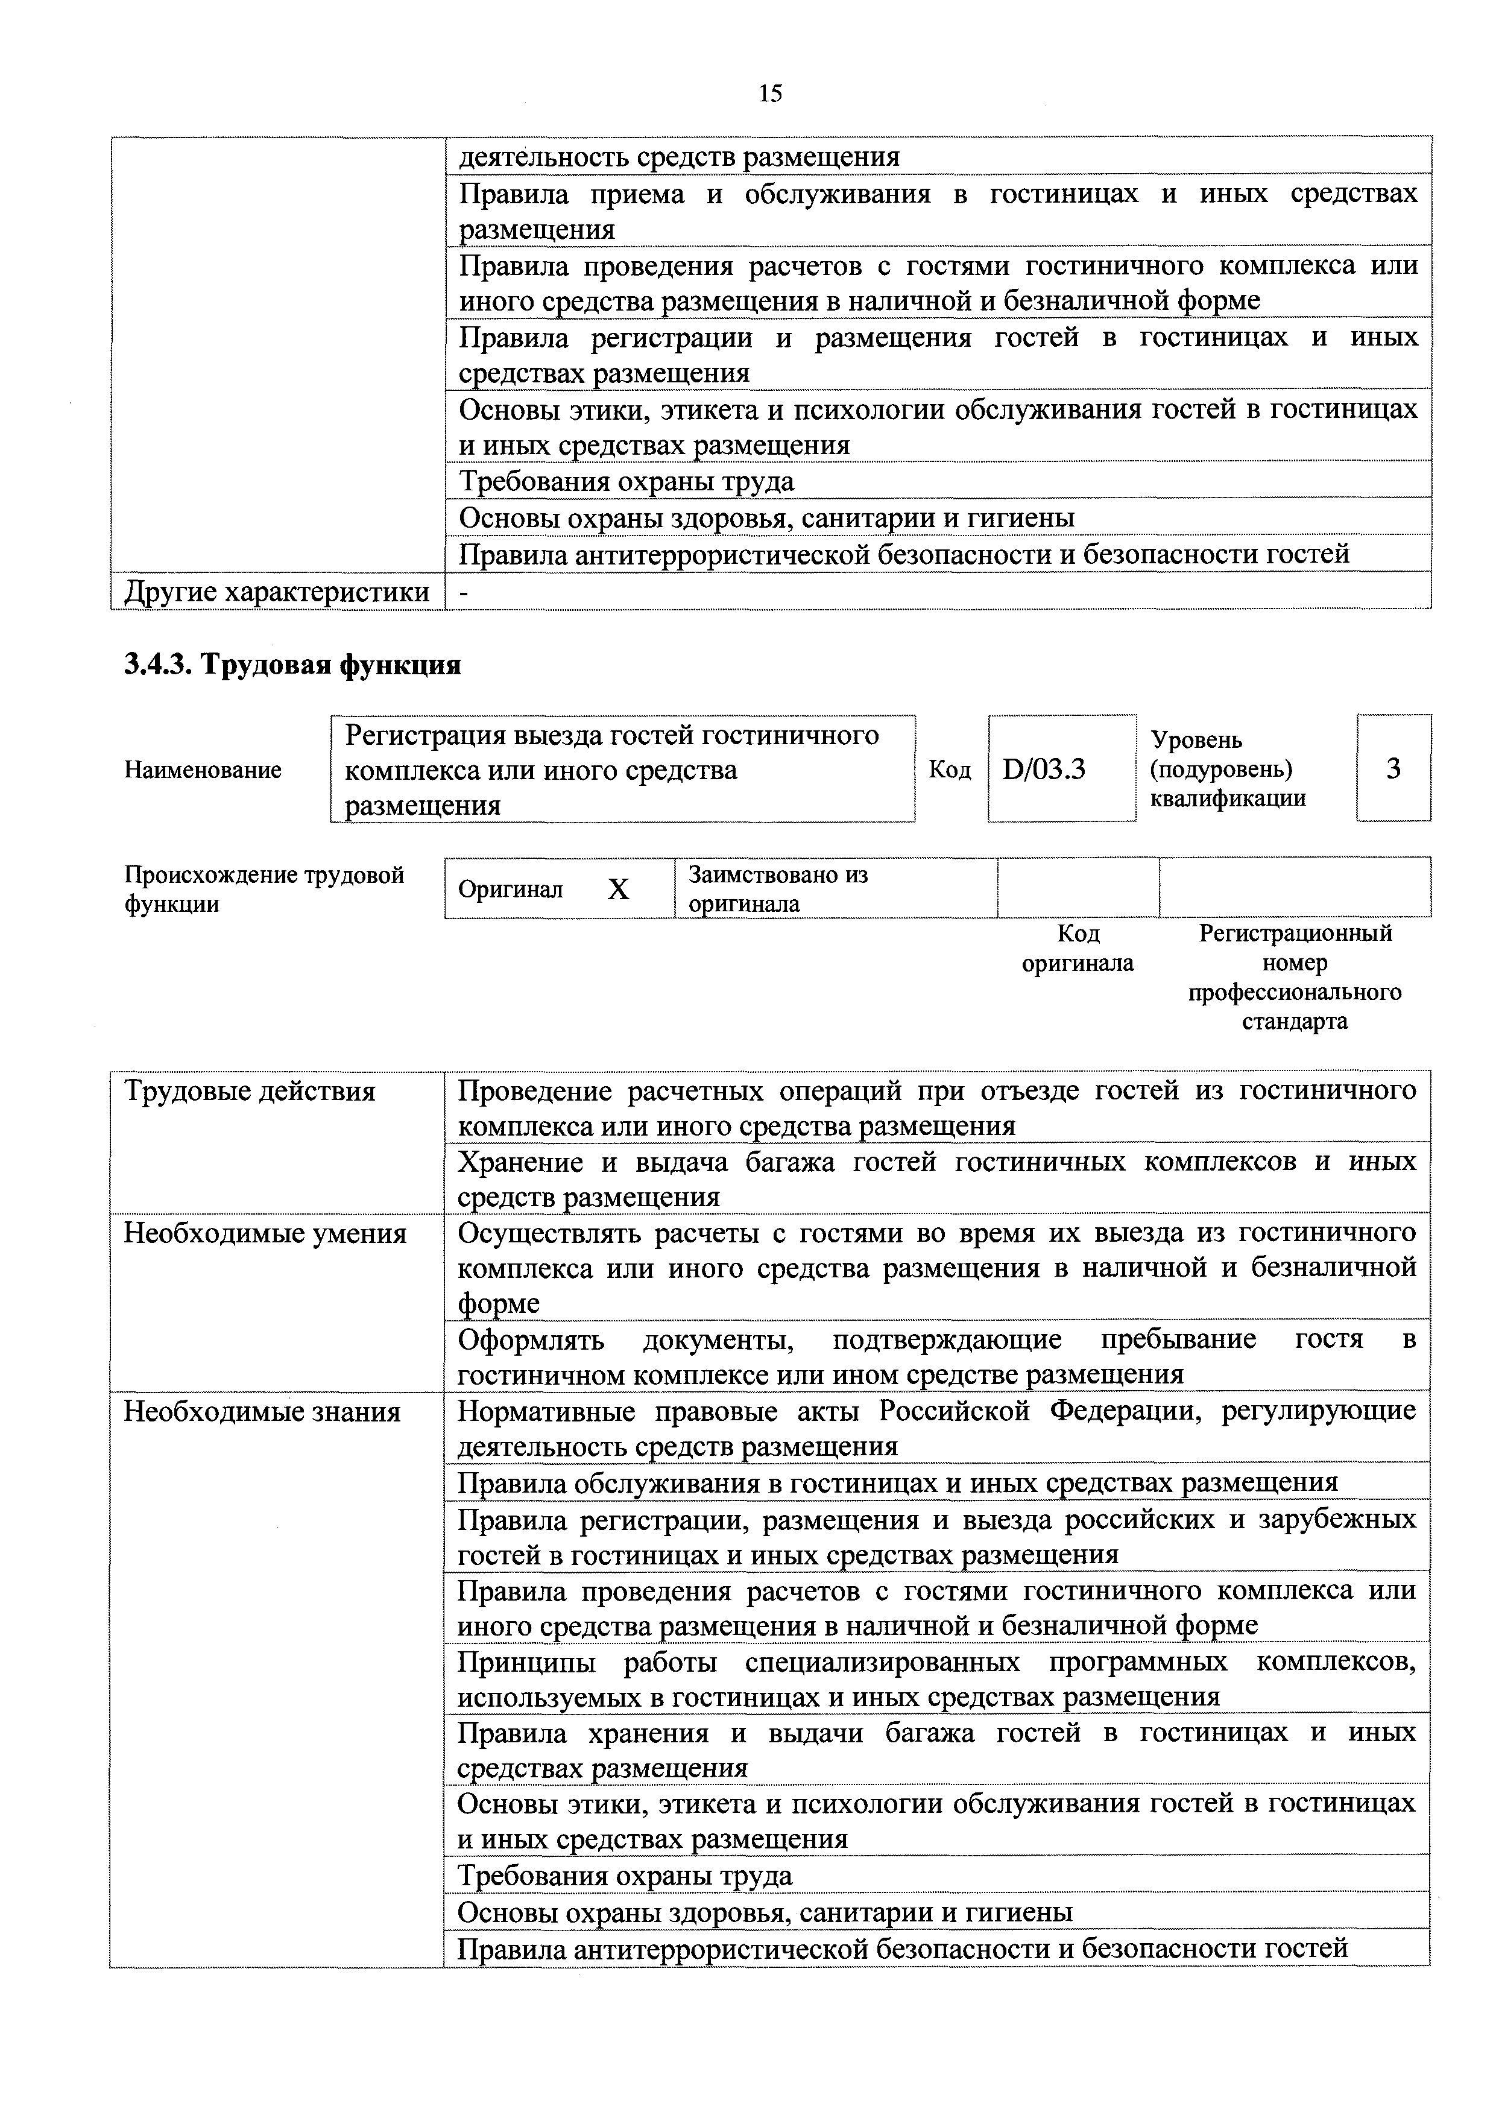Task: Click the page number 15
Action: point(770,93)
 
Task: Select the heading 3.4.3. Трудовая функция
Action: point(292,664)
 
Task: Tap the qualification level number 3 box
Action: point(1393,768)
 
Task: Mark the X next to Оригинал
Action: point(619,889)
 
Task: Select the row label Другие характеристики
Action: point(276,592)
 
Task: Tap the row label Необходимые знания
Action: point(262,1412)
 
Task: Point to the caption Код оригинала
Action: point(1077,948)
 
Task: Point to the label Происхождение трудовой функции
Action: point(264,888)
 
